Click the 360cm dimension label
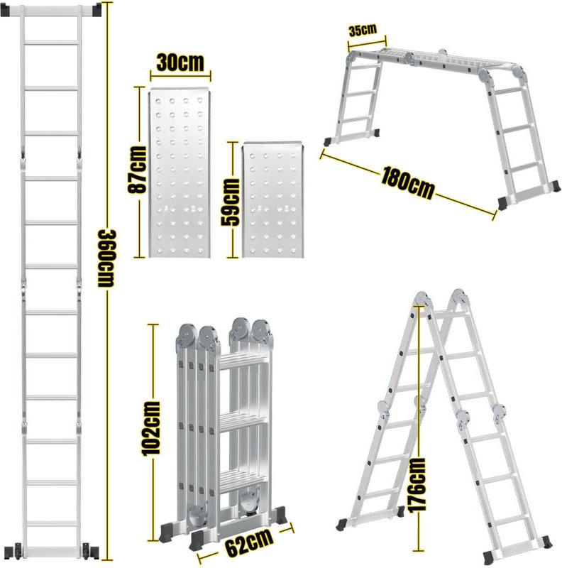pyautogui.click(x=106, y=258)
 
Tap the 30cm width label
pyautogui.click(x=180, y=62)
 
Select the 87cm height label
pyautogui.click(x=139, y=169)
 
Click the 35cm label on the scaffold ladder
pyautogui.click(x=362, y=30)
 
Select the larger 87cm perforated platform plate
pyautogui.click(x=180, y=174)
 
